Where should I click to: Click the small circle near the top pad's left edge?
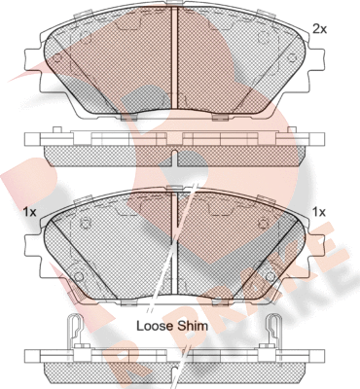(x=57, y=58)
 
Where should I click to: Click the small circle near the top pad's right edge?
(x=289, y=58)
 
